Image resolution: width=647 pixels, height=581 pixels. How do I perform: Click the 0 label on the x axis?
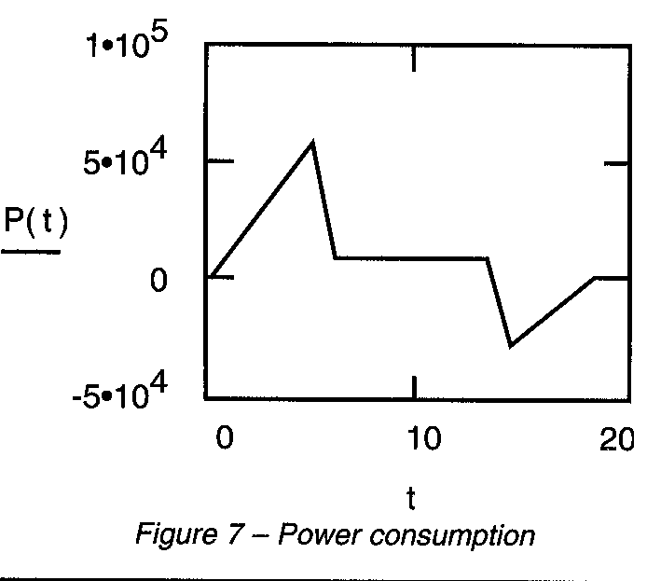pos(223,439)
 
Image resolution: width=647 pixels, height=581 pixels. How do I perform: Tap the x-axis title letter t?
pos(410,501)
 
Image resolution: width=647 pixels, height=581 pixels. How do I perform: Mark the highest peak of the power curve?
pos(313,142)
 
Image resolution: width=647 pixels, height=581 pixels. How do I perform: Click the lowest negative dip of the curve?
pos(510,346)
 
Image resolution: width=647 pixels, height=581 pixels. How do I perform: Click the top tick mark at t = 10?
pos(413,55)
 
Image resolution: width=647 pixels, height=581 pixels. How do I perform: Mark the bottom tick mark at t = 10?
pos(413,387)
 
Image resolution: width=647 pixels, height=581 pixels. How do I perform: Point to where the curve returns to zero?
pos(595,277)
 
